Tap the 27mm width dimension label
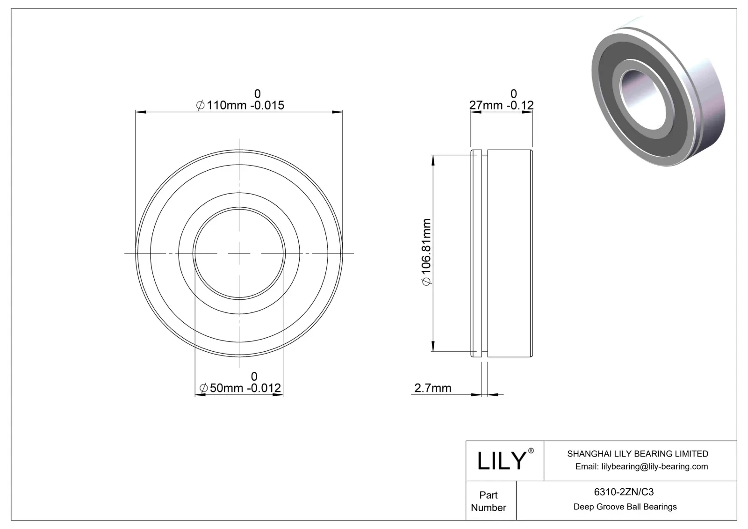click(485, 105)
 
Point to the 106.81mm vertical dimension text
click(426, 252)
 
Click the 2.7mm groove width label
click(432, 388)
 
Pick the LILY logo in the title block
click(502, 461)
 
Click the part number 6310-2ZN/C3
click(624, 492)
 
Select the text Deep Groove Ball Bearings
click(625, 507)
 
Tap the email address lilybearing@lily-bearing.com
click(641, 466)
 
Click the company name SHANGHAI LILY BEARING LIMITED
click(637, 454)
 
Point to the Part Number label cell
click(489, 501)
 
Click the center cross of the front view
click(239, 253)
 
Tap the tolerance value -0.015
click(267, 105)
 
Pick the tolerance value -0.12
click(519, 105)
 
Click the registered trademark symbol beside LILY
click(531, 451)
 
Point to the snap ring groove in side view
click(485, 253)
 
